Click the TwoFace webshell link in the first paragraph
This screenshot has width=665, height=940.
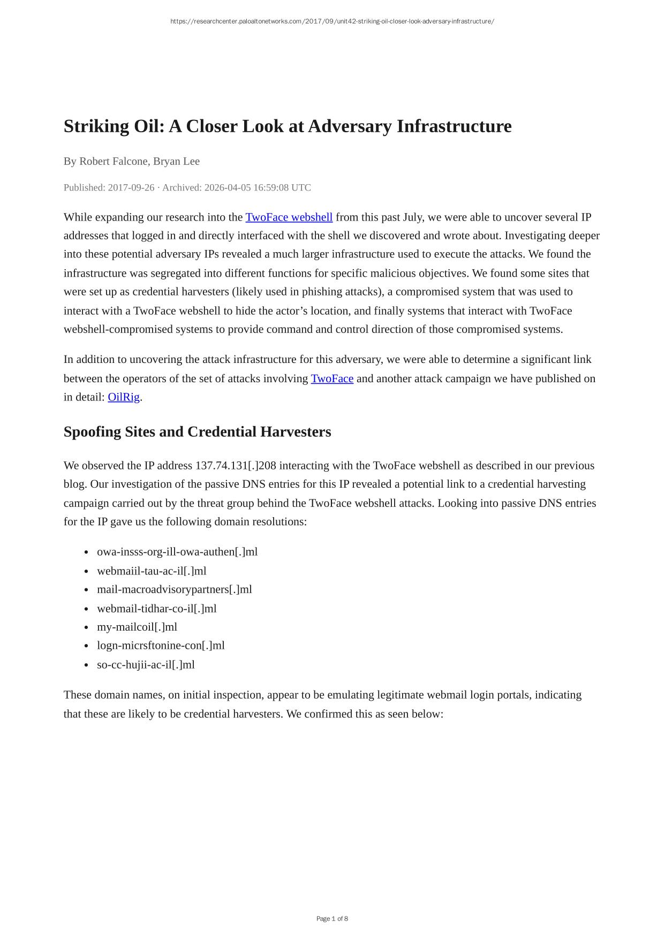click(x=289, y=217)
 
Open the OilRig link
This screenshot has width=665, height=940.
click(x=124, y=397)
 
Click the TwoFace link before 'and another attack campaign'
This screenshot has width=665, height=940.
click(x=332, y=379)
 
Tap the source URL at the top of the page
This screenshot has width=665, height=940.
click(x=332, y=21)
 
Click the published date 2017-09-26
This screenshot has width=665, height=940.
click(x=131, y=188)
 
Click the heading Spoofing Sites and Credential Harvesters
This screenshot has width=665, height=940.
click(x=197, y=432)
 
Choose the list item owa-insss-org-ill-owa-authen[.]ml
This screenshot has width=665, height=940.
click(x=177, y=552)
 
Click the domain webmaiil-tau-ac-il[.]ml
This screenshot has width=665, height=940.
click(x=152, y=571)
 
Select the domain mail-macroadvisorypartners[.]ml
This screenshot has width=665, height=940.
click(x=174, y=589)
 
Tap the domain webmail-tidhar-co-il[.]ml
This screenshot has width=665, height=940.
click(x=156, y=609)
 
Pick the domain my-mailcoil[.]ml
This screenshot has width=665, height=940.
click(x=137, y=627)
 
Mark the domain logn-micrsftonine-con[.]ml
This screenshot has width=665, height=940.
click(x=161, y=646)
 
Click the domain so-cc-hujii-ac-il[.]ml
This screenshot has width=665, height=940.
click(x=146, y=665)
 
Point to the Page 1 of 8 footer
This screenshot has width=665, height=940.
click(x=332, y=919)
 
